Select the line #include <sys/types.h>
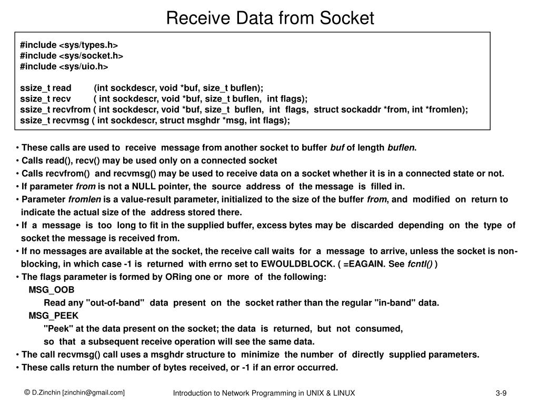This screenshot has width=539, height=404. [69, 45]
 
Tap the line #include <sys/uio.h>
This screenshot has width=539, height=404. [64, 66]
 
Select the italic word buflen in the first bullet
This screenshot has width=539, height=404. [401, 148]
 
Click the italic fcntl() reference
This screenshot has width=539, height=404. [420, 264]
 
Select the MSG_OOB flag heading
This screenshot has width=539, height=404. [52, 290]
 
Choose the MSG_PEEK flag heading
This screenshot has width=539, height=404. [53, 316]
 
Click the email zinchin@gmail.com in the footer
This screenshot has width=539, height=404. [94, 392]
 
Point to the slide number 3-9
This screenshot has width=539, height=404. [500, 393]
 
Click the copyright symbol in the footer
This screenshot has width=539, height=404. [26, 392]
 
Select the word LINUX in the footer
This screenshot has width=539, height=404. [344, 393]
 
